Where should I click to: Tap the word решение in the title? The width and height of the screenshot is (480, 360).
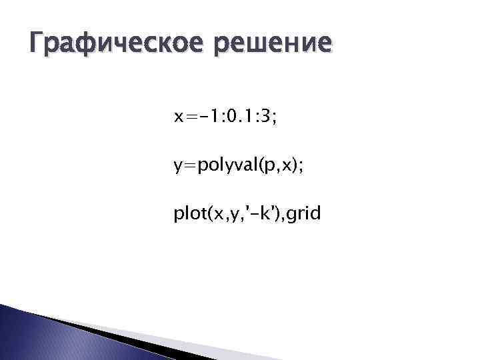click(280, 44)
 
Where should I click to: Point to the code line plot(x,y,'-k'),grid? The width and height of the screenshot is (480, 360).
click(247, 215)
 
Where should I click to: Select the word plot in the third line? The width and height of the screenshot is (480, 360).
click(188, 215)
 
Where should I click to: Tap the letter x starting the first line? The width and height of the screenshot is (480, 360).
click(178, 119)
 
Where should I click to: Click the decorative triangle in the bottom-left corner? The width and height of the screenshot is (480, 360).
click(40, 333)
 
